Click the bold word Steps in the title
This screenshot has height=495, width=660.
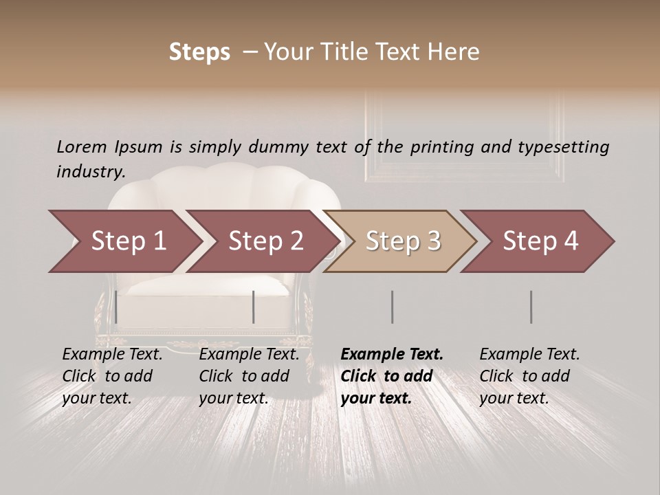click(199, 52)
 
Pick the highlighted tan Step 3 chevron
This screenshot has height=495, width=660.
click(402, 241)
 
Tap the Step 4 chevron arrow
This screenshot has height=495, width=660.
click(540, 241)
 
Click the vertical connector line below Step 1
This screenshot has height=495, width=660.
click(116, 307)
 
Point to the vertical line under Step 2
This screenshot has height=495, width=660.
click(254, 307)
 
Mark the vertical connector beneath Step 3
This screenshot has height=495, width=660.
click(392, 307)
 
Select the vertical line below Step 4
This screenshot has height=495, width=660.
click(531, 307)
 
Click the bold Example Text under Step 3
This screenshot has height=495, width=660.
click(392, 355)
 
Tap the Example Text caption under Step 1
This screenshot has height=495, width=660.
click(112, 355)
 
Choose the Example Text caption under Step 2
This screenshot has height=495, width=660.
click(249, 355)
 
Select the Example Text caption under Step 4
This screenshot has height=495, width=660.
click(529, 355)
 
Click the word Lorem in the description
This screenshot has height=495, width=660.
click(82, 147)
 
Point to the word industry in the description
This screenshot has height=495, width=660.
click(90, 172)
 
